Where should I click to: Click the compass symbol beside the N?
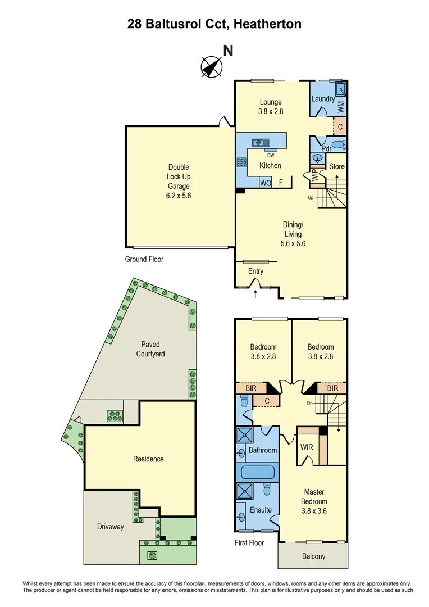[212, 67]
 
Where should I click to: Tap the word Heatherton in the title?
[268, 24]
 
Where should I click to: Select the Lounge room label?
[271, 106]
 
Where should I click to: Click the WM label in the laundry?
[341, 105]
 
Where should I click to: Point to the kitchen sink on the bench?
[261, 143]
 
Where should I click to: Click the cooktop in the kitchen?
[242, 162]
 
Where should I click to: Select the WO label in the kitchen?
[265, 183]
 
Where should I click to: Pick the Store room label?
[336, 166]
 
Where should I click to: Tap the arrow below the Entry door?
[256, 293]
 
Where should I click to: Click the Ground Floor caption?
[144, 259]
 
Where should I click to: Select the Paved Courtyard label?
[150, 349]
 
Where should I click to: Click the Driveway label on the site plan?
[110, 527]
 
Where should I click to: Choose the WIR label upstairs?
[307, 448]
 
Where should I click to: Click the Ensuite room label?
[261, 510]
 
